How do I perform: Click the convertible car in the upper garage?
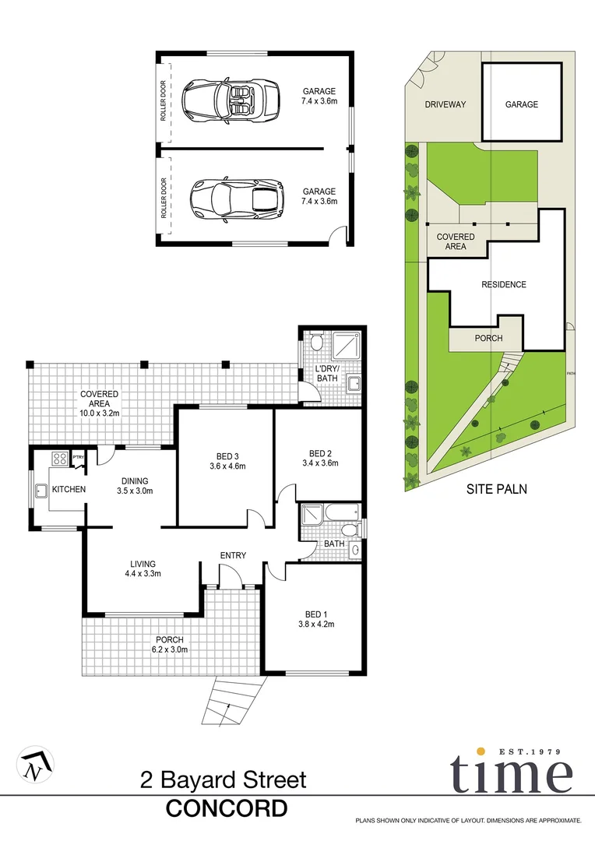[x=231, y=100]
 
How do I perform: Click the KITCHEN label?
[x=69, y=489]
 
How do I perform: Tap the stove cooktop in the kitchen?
[x=60, y=459]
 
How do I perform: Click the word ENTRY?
[x=233, y=555]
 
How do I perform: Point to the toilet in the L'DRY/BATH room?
[x=316, y=343]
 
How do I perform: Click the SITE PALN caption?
[x=497, y=490]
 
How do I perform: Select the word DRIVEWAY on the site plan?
[x=445, y=104]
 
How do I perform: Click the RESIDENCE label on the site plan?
[x=503, y=285]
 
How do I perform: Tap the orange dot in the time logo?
[x=481, y=751]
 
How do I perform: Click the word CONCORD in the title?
[x=227, y=808]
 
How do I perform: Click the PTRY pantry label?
[x=78, y=457]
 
